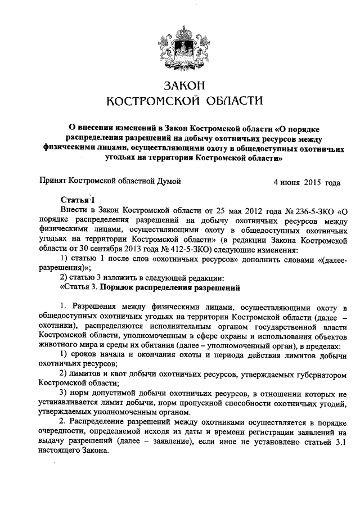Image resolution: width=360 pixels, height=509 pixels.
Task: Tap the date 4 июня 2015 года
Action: [x=306, y=182]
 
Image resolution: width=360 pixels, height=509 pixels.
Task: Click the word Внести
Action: [x=71, y=212]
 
